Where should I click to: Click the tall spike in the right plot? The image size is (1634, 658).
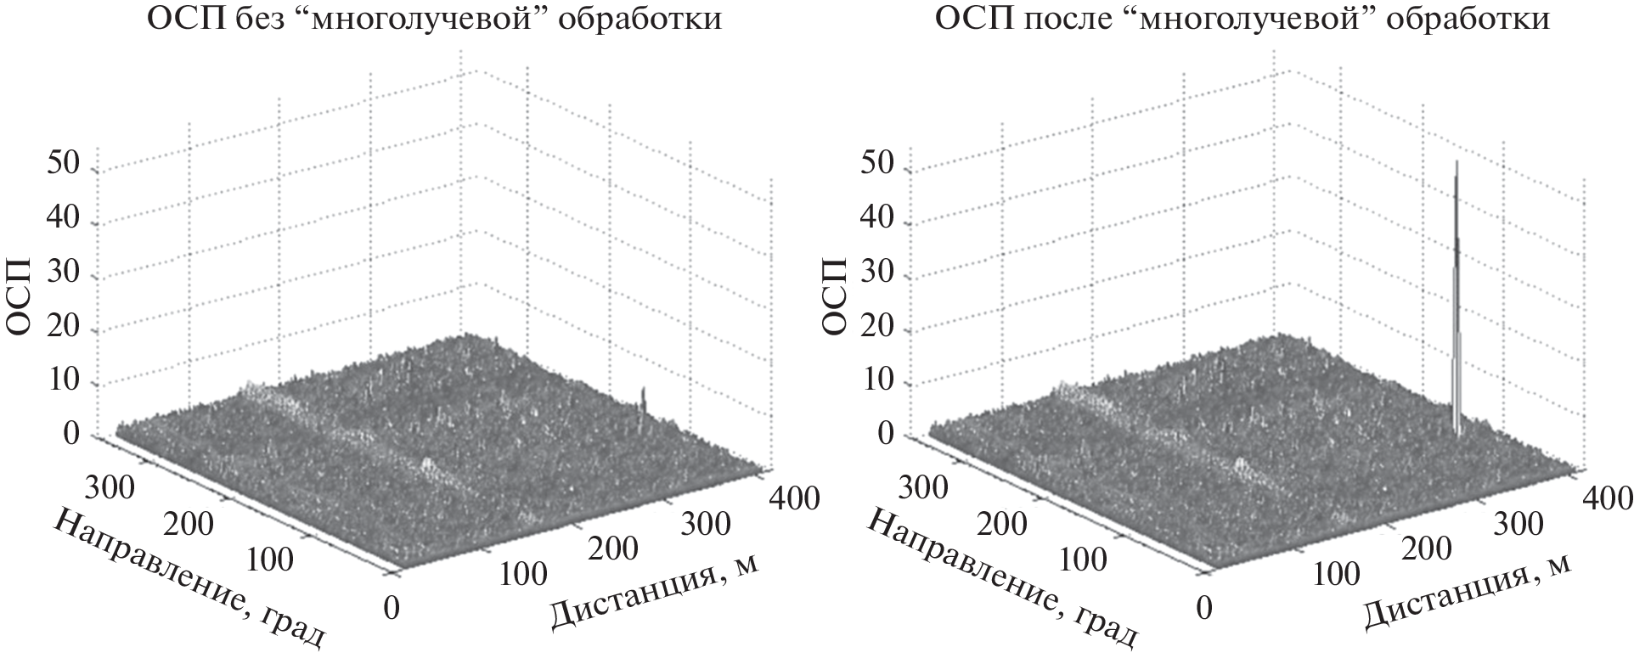1457,306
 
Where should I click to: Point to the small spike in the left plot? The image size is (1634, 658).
643,400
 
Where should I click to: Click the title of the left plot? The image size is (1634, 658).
435,19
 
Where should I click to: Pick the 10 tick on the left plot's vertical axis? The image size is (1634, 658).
65,383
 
